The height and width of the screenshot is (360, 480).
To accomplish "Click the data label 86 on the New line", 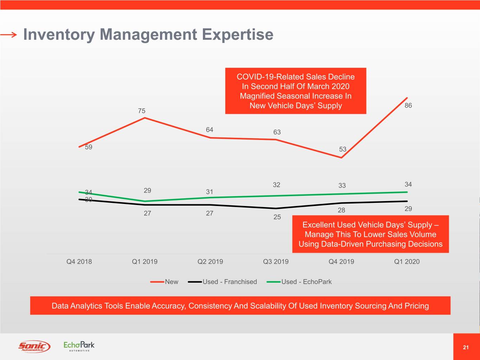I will [408, 105].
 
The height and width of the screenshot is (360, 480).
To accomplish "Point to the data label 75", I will [142, 111].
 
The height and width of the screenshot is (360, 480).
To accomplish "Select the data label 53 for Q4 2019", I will [343, 149].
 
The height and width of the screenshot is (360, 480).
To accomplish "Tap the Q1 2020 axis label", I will [407, 262].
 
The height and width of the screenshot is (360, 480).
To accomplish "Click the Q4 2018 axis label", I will [79, 262].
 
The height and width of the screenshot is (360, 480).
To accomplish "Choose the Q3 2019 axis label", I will [276, 262].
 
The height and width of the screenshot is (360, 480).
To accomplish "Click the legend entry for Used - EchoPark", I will [306, 282].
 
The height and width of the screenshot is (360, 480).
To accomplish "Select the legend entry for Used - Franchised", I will [230, 282].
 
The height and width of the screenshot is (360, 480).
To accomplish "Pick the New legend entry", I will [171, 282].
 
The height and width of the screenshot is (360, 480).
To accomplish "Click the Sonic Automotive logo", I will [34, 346].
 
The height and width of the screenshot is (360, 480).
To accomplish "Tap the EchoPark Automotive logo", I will [79, 346].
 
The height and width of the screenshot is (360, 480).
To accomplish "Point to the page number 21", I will [466, 347].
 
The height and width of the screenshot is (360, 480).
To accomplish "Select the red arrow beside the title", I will [9, 34].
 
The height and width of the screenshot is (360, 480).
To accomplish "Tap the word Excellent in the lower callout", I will [318, 225].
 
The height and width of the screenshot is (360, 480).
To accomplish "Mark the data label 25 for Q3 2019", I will [277, 217].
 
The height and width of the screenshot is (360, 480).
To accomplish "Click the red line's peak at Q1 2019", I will [145, 118].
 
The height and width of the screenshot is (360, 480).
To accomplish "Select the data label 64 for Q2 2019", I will [210, 130].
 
